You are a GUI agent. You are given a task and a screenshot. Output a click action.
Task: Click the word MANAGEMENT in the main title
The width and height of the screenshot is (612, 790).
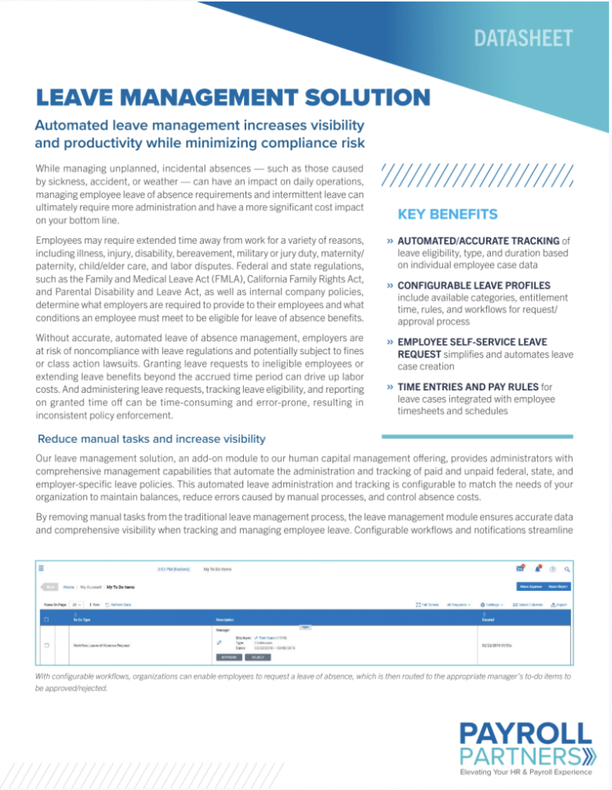pos(207,98)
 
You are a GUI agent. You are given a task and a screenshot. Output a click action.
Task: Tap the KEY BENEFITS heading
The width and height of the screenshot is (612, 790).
pos(447,214)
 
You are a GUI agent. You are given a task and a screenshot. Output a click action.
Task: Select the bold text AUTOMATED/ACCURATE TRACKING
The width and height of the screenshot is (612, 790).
pos(478,241)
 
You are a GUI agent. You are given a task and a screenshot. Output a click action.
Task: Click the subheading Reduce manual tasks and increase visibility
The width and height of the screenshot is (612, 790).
pos(151,439)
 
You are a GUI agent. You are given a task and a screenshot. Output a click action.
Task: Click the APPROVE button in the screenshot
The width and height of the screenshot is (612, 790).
pos(230,657)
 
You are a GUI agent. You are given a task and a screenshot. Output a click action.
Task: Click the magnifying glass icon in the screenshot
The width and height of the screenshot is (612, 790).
pos(566,569)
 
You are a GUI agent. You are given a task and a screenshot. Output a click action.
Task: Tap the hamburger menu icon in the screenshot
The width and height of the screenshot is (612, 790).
pos(41,569)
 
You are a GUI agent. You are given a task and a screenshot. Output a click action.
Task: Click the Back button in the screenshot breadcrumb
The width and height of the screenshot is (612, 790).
pos(50,586)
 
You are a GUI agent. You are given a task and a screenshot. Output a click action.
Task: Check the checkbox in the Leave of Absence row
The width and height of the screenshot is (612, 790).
pos(46,644)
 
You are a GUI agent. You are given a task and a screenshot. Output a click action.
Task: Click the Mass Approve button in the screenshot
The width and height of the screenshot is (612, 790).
pos(529,586)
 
